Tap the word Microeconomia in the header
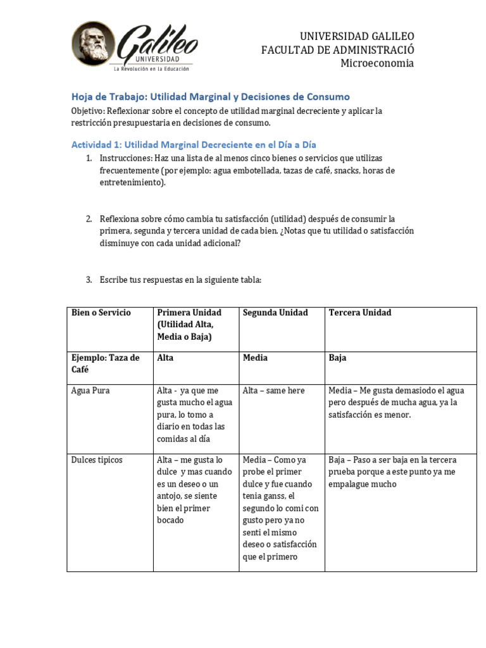click(x=377, y=63)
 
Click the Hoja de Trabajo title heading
click(x=209, y=96)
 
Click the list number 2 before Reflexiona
click(x=89, y=219)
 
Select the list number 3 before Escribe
click(x=89, y=279)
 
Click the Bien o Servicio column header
click(x=101, y=313)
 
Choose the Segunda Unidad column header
click(x=275, y=313)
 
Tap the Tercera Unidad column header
click(x=360, y=313)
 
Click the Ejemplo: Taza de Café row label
click(x=105, y=363)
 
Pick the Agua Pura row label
click(x=90, y=390)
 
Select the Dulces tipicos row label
click(x=97, y=460)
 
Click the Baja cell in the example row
click(x=337, y=358)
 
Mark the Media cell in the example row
click(x=255, y=358)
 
